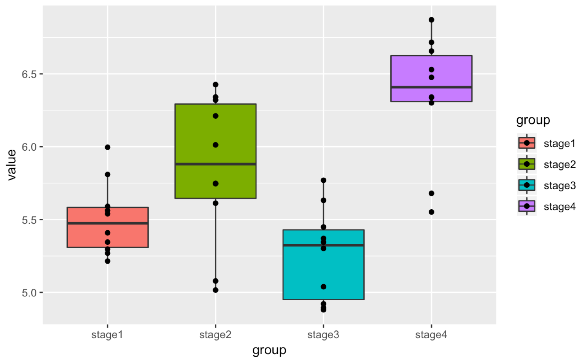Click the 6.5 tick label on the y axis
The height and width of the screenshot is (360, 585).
tap(29, 74)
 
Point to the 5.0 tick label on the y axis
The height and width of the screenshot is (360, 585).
tap(29, 293)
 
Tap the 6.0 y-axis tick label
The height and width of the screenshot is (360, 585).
tap(29, 147)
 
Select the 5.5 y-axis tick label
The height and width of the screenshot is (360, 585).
tap(29, 220)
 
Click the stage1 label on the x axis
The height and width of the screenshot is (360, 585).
tap(107, 335)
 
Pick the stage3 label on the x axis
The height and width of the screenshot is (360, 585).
tap(323, 335)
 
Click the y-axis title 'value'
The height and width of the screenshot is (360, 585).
tap(11, 164)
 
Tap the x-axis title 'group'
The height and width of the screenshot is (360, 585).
tap(269, 350)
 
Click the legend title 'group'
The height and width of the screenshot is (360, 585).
tap(533, 120)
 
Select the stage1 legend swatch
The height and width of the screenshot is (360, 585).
tap(527, 143)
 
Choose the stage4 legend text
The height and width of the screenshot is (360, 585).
tap(560, 207)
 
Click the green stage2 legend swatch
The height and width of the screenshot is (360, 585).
tap(527, 164)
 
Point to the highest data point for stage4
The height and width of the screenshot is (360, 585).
tap(431, 20)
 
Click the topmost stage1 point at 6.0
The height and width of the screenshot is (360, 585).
tap(108, 147)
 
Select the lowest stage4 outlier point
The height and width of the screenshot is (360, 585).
tap(431, 212)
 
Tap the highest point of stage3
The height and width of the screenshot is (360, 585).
tap(323, 180)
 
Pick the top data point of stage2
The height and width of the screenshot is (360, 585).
tap(215, 84)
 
